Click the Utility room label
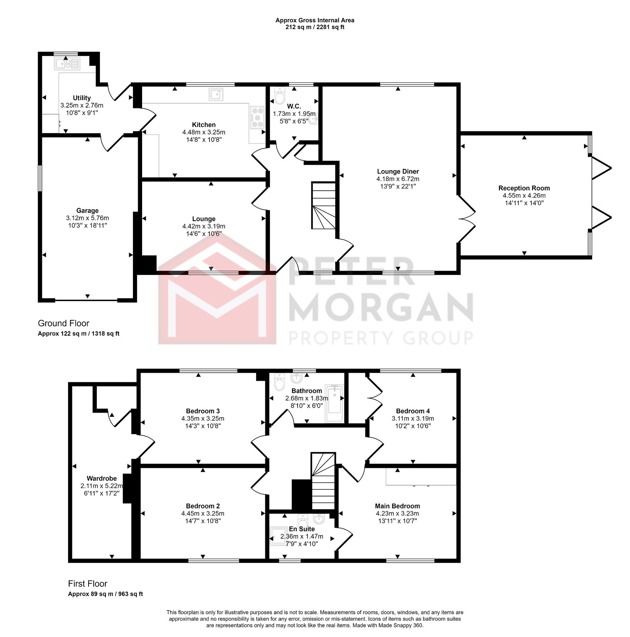tap(82, 98)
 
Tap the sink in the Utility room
tap(67, 64)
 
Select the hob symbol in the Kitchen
tap(257, 117)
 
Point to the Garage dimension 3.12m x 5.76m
tap(88, 218)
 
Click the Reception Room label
tap(524, 188)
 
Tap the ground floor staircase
tap(324, 205)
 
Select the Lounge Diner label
tap(398, 172)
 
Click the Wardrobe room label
tap(102, 478)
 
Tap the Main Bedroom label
tap(398, 506)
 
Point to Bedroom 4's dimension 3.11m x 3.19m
tap(413, 418)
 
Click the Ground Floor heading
tap(63, 323)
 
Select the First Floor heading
tap(88, 584)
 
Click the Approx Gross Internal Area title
tap(315, 21)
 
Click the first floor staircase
tap(323, 481)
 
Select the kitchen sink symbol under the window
tap(216, 94)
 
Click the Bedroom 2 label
tap(203, 506)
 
